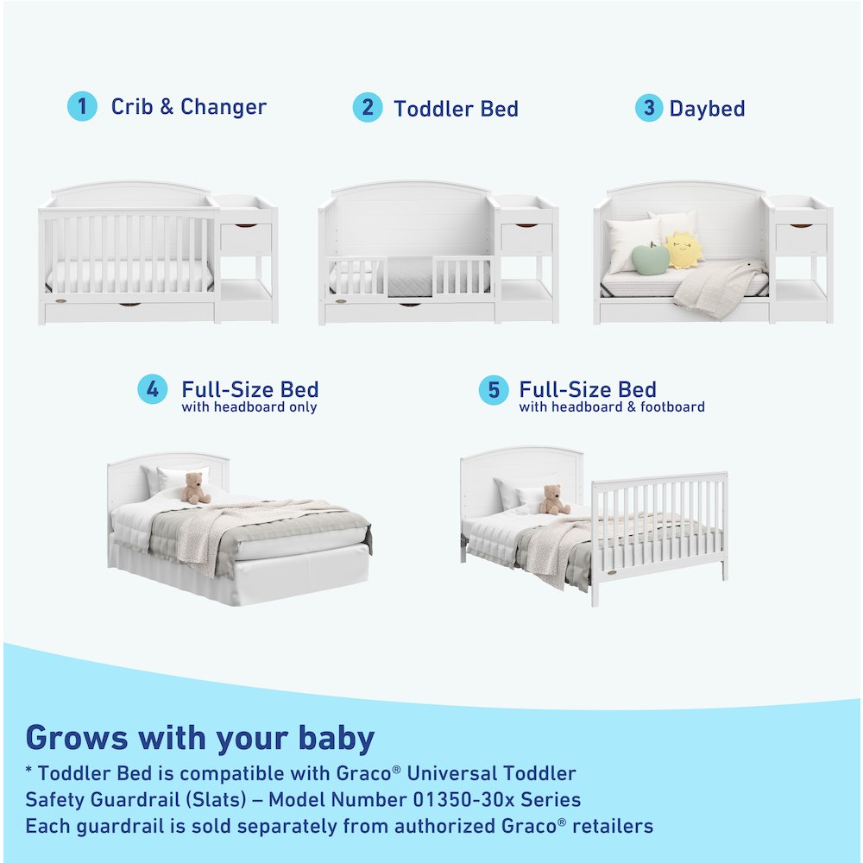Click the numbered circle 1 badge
coord(82,107)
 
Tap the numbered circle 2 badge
coord(368,107)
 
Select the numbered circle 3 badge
coord(649,108)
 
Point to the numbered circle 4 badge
coord(153,389)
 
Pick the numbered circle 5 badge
coord(494,389)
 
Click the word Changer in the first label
coord(224,107)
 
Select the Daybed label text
coord(707,109)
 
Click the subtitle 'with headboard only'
coord(249,407)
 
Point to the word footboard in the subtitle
coord(668,407)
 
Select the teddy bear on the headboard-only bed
coord(196,488)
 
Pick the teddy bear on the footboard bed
coord(552,500)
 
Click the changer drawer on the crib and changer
coord(246,237)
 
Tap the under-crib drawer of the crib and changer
coord(129,311)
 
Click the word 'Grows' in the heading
coord(75,738)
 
